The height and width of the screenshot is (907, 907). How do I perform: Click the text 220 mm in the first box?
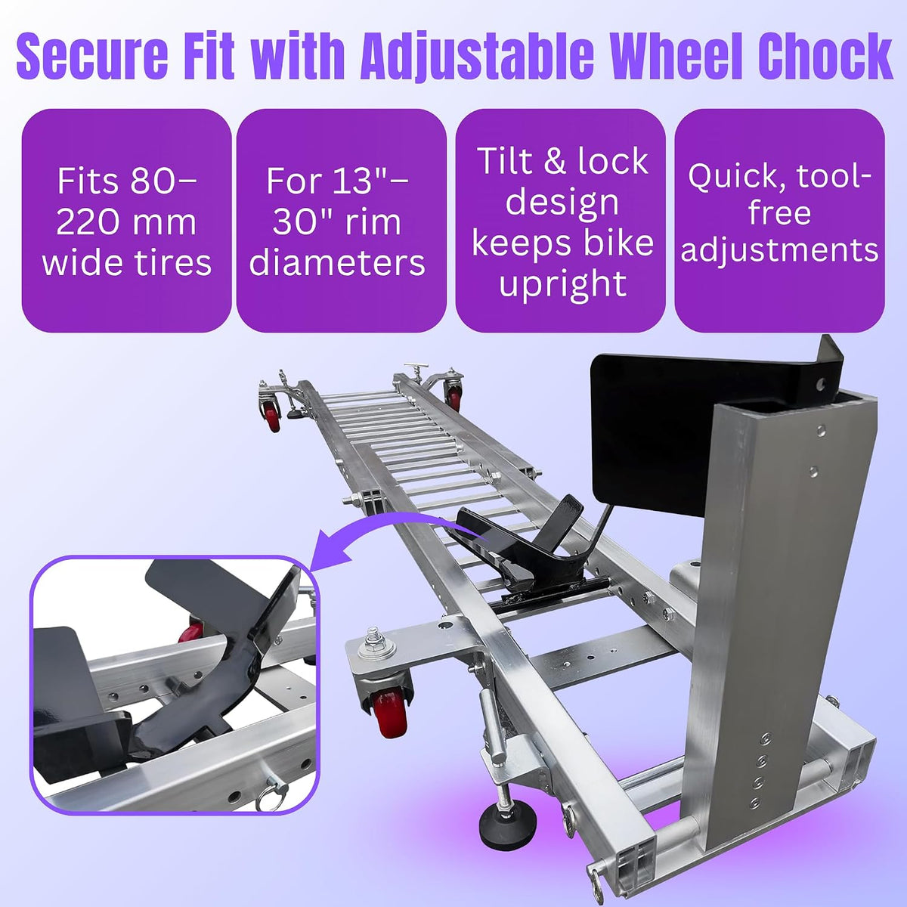(x=126, y=223)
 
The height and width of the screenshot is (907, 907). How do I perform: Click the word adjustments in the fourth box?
(x=779, y=250)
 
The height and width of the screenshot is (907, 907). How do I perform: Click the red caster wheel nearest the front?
(x=391, y=716)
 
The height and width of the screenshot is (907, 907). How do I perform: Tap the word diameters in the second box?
(x=337, y=263)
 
